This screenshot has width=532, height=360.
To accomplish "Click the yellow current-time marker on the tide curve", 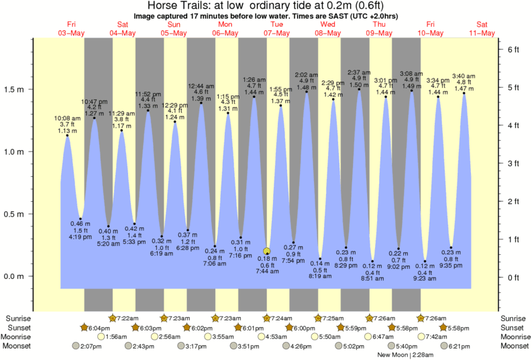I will (x=267, y=251).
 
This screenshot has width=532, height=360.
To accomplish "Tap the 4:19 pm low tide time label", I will (x=81, y=236).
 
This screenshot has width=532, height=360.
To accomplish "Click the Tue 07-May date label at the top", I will (x=276, y=29).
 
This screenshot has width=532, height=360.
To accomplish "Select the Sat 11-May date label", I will (x=482, y=29).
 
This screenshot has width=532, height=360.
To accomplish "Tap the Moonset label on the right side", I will (x=514, y=346).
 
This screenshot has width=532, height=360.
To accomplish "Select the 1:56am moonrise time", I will (x=117, y=337).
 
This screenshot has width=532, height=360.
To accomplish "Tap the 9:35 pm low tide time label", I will (x=451, y=265).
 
